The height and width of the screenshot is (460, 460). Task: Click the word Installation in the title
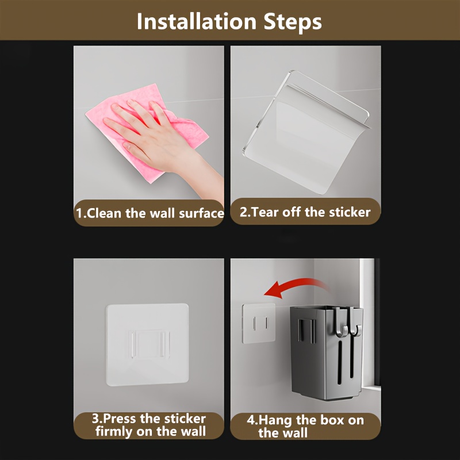click(197, 21)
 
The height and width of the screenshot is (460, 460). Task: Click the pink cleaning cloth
click(141, 129)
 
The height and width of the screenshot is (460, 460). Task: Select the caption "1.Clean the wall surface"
click(149, 213)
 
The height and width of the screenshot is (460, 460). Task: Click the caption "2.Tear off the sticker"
click(305, 212)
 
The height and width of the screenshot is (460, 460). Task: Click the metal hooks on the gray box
click(348, 322)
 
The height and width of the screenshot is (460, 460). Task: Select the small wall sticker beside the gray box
click(259, 323)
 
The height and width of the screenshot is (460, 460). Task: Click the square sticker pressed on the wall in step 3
click(147, 344)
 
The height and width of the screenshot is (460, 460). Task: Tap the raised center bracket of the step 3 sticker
click(149, 344)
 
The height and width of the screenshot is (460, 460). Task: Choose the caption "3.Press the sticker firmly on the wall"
click(149, 425)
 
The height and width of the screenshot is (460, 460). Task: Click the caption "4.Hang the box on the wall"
click(305, 426)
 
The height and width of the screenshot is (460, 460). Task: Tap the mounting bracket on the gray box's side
click(306, 331)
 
